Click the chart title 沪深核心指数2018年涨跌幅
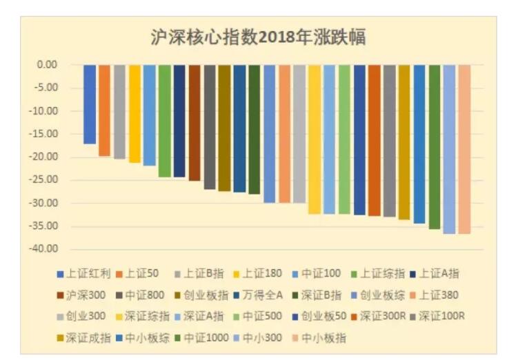(x=257, y=38)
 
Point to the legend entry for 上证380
(x=439, y=294)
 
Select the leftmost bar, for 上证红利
(x=90, y=104)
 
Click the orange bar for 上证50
(x=104, y=110)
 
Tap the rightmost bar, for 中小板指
(x=464, y=149)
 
